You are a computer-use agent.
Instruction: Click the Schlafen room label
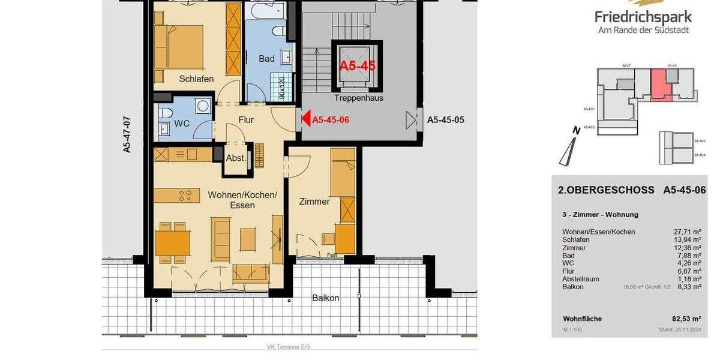tap(196, 79)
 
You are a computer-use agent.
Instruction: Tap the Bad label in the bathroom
tap(266, 59)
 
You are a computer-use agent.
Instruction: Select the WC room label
tap(182, 124)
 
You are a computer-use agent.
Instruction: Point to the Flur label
tap(246, 120)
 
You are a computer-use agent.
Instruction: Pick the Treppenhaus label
tap(358, 98)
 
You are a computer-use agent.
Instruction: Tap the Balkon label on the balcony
tap(326, 298)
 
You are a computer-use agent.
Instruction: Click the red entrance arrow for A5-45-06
tap(305, 119)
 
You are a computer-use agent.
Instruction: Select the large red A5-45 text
tap(358, 66)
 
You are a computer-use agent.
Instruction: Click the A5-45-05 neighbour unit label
tap(445, 120)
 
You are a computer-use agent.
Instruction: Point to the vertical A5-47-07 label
tap(127, 134)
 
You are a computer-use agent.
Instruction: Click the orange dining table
tap(172, 243)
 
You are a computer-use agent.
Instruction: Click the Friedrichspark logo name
tap(643, 17)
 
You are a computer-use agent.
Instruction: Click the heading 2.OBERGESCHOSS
tap(606, 190)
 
